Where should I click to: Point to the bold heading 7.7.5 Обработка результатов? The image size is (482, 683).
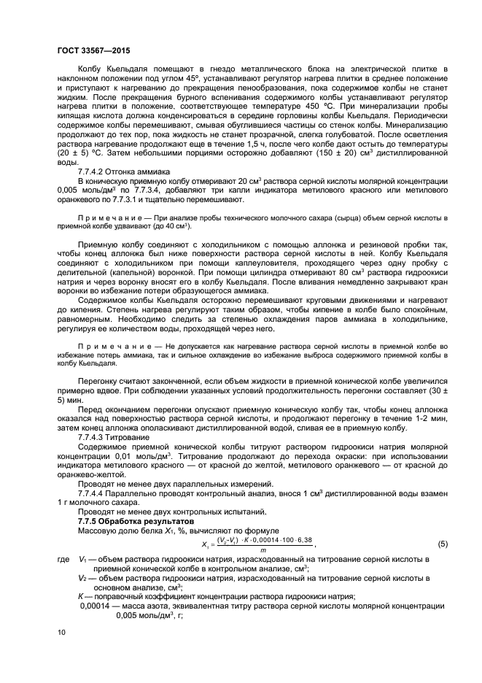[136, 522]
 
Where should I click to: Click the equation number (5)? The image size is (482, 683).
[442, 544]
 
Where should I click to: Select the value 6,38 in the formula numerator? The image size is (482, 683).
[303, 540]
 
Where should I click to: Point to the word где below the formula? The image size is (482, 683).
[62, 560]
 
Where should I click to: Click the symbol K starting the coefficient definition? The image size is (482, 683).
[80, 596]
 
